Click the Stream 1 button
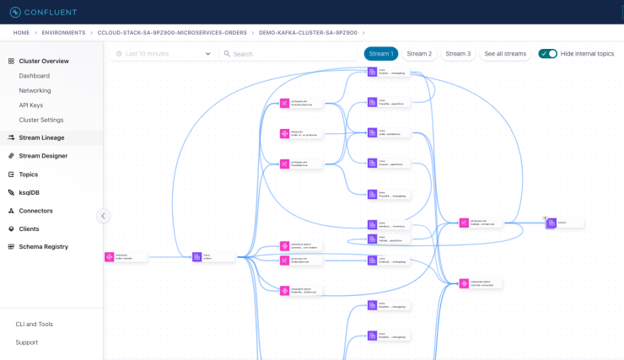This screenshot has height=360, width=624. (x=381, y=54)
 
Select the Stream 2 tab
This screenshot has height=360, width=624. (x=419, y=54)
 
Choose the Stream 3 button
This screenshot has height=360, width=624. (x=458, y=54)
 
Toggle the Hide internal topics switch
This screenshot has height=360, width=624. (x=548, y=54)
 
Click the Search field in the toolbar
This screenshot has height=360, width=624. (x=287, y=54)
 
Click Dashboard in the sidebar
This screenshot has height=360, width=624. (x=35, y=76)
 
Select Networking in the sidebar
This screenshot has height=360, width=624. (x=35, y=90)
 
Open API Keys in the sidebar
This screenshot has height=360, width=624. (x=31, y=105)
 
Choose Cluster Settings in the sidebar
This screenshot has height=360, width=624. (x=41, y=120)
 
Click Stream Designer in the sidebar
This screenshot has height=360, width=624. (x=43, y=156)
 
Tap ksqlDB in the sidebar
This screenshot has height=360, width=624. (x=30, y=192)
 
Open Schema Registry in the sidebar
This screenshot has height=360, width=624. (x=43, y=247)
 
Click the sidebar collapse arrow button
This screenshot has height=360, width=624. (x=103, y=216)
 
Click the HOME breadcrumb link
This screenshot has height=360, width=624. (x=21, y=33)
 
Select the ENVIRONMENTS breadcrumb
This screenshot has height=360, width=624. (x=64, y=33)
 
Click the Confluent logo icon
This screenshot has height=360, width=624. (x=15, y=12)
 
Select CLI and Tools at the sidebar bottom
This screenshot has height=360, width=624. (x=34, y=324)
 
